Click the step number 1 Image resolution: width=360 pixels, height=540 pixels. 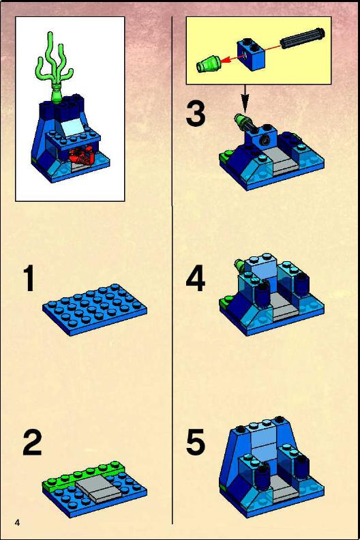click(x=29, y=278)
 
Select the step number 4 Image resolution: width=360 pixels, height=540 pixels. click(x=195, y=278)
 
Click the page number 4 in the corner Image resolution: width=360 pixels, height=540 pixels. click(x=17, y=522)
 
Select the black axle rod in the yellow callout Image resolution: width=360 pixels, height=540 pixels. click(x=302, y=38)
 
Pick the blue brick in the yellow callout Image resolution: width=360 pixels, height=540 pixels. click(x=252, y=54)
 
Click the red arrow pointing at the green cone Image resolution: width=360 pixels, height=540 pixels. click(x=228, y=59)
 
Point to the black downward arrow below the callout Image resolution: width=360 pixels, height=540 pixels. click(x=245, y=98)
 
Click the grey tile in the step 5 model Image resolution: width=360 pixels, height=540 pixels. click(x=285, y=492)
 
